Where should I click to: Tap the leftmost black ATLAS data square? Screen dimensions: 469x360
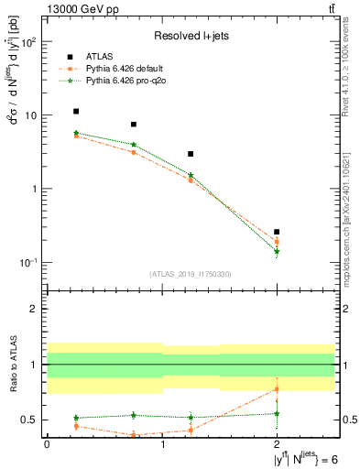click(x=76, y=112)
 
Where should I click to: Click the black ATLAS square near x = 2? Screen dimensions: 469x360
click(x=277, y=232)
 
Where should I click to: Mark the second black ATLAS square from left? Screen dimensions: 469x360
click(x=134, y=124)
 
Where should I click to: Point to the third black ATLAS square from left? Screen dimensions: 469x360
click(x=191, y=154)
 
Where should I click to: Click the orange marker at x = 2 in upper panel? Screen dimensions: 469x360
click(x=277, y=242)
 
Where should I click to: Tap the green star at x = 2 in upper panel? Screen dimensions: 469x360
click(x=277, y=251)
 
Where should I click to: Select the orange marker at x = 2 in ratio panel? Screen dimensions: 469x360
click(x=277, y=389)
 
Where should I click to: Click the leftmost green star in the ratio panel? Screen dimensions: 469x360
click(x=76, y=418)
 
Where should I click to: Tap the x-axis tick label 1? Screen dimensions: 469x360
click(x=162, y=444)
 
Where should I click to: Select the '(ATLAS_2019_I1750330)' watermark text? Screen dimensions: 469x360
click(x=191, y=274)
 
